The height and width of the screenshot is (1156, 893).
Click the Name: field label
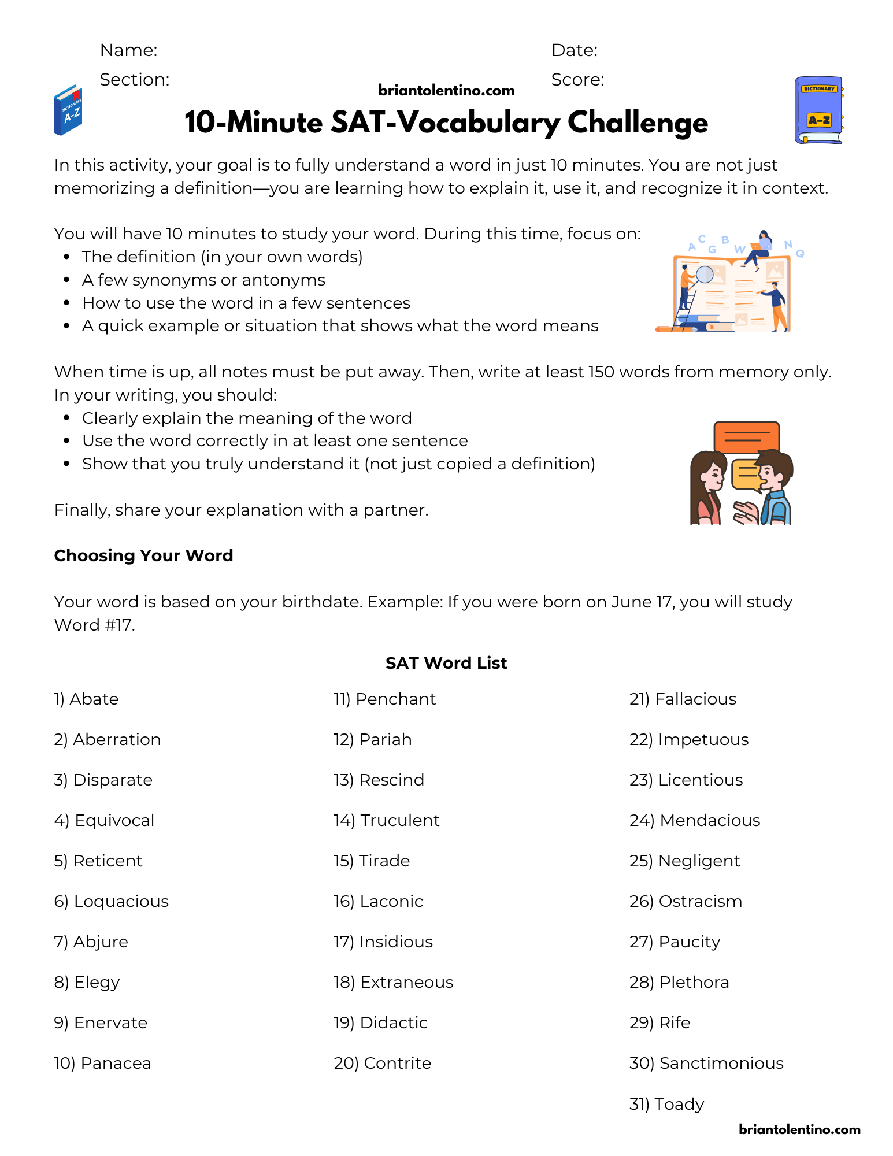(128, 50)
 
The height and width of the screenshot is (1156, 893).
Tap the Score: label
(577, 80)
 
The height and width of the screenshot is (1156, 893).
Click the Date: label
(575, 50)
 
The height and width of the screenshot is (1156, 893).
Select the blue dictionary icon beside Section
(68, 110)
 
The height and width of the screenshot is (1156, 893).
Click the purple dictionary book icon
(818, 110)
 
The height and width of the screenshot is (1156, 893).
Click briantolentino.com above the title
(446, 90)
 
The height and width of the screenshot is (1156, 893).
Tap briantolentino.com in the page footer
(799, 1129)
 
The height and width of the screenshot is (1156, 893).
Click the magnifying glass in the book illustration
(705, 274)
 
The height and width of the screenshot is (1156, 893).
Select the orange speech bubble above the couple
(747, 436)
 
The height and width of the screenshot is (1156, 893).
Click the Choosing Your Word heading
(143, 555)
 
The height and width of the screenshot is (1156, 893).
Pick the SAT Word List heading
(446, 663)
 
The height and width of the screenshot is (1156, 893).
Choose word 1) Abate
(86, 699)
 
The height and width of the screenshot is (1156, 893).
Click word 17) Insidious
(383, 942)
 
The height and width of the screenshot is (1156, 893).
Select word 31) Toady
(666, 1104)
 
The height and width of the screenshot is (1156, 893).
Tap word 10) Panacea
(102, 1063)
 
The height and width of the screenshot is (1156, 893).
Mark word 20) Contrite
(383, 1063)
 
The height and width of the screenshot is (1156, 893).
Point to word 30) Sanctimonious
(706, 1063)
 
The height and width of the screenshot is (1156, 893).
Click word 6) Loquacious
(111, 901)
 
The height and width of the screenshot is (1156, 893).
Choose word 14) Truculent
(387, 820)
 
